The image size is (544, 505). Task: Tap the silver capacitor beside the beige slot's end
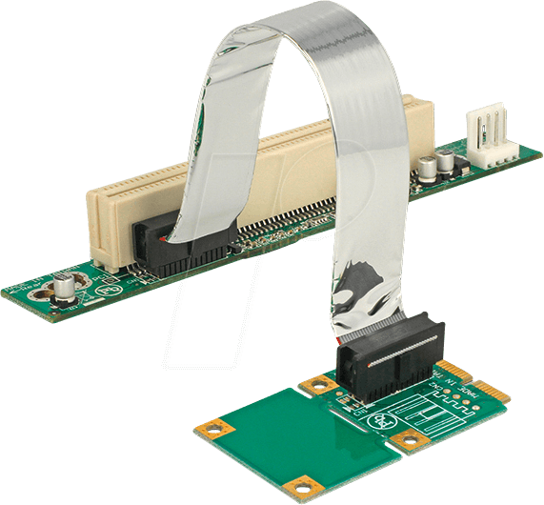(66, 288)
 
